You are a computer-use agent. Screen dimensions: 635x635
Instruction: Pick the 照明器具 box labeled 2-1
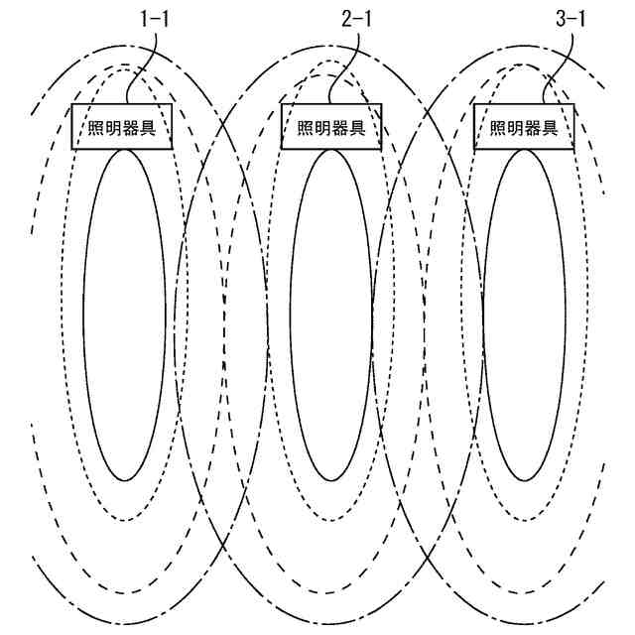pos(331,127)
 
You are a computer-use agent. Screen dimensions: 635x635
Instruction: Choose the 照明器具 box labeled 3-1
pos(523,127)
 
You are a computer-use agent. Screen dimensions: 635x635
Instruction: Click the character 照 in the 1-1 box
pos(91,128)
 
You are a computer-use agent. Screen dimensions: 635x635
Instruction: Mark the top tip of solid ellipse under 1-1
pos(124,151)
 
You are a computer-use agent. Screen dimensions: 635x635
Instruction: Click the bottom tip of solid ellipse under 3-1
pos(524,481)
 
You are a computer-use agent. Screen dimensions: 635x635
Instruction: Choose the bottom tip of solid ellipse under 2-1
pos(333,481)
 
